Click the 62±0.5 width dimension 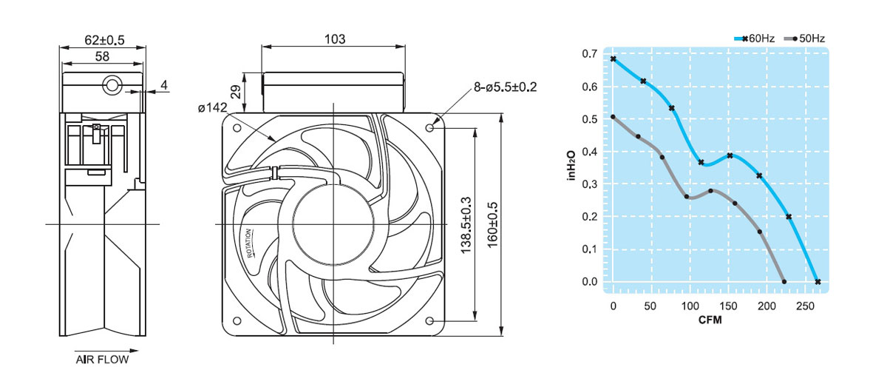(104, 40)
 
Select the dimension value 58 (102, 57)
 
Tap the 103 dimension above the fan (335, 39)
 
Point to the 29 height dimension (236, 92)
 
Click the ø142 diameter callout (213, 107)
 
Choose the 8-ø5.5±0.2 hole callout (506, 87)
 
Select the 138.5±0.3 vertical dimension (466, 225)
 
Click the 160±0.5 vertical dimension (492, 225)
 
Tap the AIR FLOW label (102, 360)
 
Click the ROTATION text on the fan (249, 243)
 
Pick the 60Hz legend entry (755, 38)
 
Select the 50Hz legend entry (805, 38)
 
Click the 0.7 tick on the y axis (590, 53)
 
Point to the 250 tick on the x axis (806, 306)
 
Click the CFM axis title (710, 320)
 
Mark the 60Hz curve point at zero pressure (818, 281)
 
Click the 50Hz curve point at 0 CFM (613, 117)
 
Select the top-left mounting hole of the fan (237, 128)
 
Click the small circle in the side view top (112, 85)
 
